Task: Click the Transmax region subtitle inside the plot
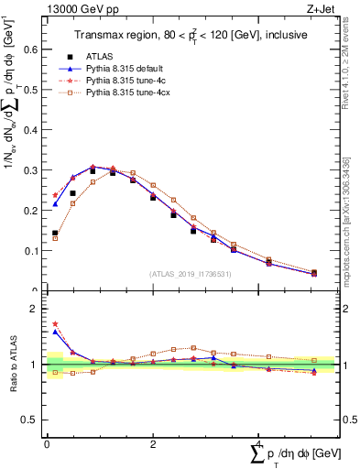coord(191,35)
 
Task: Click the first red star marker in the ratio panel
coord(55,323)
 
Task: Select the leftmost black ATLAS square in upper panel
coord(55,233)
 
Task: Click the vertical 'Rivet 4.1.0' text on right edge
coord(352,73)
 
